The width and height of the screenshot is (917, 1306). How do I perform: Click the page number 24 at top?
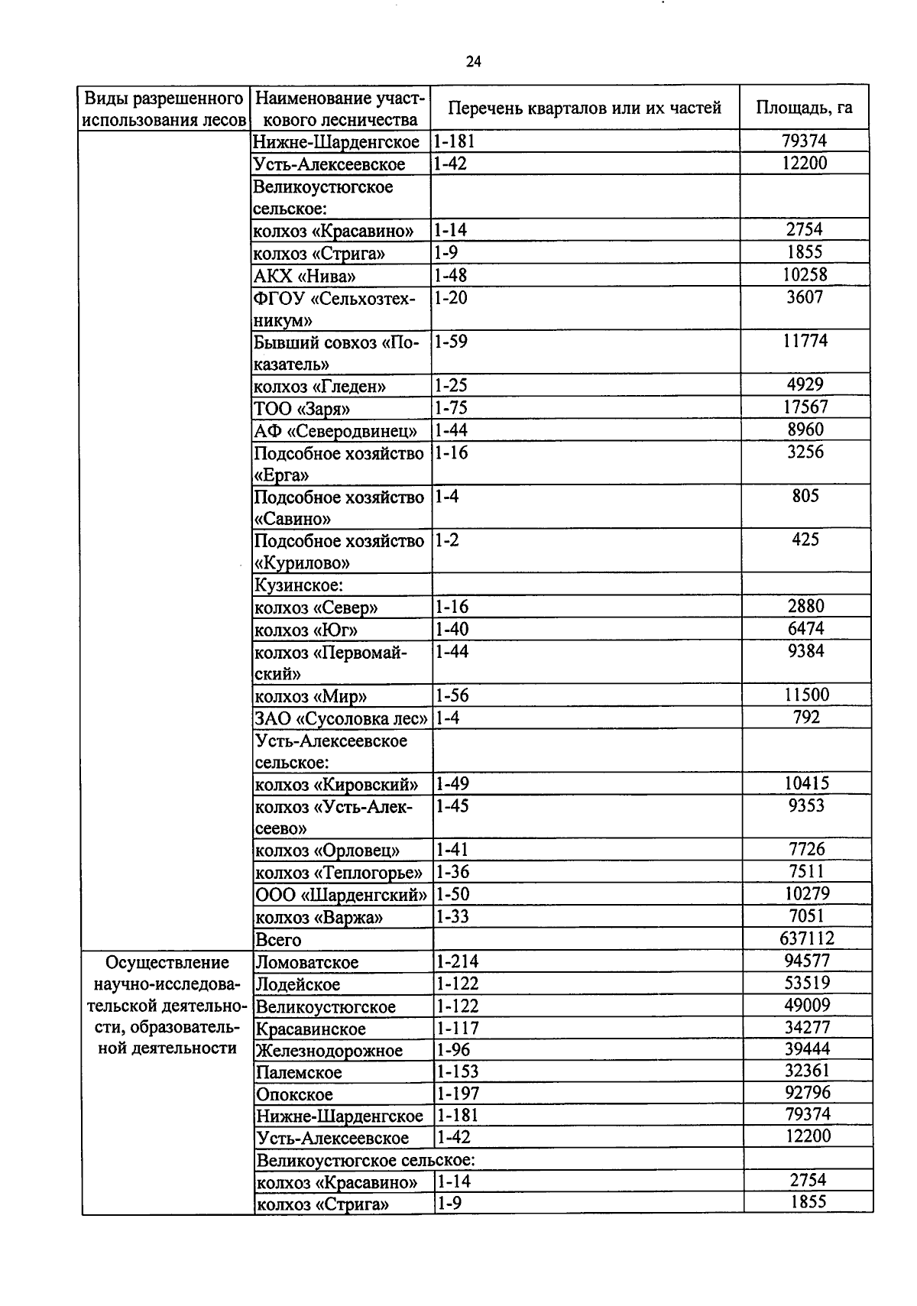coord(473,63)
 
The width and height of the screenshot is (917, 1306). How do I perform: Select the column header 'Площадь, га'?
coord(804,108)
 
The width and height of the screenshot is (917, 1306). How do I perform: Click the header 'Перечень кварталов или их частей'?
coord(584,108)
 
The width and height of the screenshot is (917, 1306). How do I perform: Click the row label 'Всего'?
coord(278,940)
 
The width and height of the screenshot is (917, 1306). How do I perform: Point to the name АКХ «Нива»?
coord(305,276)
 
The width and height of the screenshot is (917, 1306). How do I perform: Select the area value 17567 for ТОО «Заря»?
coord(805,407)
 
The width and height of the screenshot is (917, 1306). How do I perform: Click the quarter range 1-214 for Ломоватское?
coord(456,961)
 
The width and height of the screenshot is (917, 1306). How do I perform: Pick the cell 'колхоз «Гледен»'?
coord(320,386)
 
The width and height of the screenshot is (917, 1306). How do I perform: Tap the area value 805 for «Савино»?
coord(805,496)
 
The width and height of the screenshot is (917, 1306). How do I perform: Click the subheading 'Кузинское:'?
coord(299,585)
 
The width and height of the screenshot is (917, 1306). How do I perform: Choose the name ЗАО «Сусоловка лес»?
coord(341,718)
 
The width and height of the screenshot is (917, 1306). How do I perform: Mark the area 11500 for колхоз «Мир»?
coord(805,695)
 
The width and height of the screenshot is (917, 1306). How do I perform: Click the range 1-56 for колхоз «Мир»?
coord(452,695)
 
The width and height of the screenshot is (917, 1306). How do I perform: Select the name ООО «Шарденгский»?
coord(341,895)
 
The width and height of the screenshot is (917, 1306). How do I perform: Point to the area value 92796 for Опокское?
coord(807,1093)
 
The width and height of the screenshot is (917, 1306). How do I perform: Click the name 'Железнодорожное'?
coord(329,1051)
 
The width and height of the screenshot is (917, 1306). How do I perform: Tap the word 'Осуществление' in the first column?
coord(167,962)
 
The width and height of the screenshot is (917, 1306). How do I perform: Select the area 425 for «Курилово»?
coord(805,540)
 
